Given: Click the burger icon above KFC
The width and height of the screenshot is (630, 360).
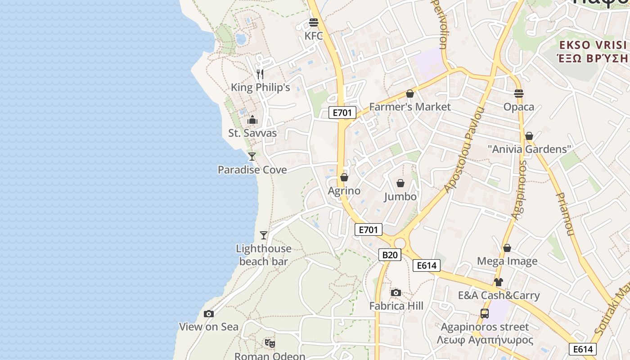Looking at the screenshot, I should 314,22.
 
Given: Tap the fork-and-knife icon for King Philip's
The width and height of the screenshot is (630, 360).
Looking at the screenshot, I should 260,74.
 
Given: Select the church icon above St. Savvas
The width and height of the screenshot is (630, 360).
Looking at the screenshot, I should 252,120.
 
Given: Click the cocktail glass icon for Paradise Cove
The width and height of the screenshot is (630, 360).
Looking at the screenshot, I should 252,156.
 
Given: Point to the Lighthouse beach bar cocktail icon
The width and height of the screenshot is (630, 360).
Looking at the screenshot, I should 264,235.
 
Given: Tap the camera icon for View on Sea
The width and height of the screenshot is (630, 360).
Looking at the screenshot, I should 209,314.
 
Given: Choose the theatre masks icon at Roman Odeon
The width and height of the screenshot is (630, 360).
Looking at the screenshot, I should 270,343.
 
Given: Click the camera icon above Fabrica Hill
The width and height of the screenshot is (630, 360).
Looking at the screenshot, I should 396,292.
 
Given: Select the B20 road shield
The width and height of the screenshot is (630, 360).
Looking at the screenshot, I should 389,255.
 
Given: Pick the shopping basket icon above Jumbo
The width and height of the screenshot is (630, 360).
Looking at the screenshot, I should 400,183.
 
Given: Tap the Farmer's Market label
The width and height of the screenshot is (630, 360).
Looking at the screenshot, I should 409,107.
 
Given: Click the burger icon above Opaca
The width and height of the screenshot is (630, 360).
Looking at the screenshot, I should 519,94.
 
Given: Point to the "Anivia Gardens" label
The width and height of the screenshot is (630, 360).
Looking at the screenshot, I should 529,149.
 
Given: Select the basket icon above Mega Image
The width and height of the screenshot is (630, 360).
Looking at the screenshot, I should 507,248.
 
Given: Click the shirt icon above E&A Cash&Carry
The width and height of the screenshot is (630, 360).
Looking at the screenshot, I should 499,282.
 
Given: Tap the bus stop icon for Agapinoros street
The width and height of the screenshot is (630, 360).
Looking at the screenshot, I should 485,314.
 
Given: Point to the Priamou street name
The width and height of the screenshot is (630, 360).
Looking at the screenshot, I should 565,214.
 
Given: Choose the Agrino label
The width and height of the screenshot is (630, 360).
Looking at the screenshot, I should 344,191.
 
